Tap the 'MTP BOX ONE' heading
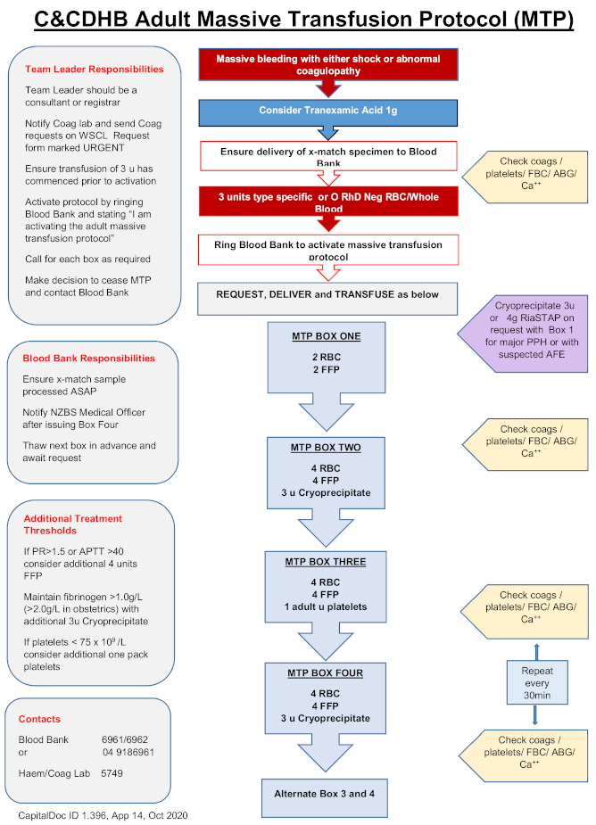point(325,336)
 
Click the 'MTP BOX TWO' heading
point(325,448)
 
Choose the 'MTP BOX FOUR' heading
point(325,673)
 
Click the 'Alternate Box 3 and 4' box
point(325,793)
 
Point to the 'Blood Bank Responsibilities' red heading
point(89,359)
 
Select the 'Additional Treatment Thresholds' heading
point(73,524)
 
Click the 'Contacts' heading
point(39,719)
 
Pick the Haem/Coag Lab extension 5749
point(112,773)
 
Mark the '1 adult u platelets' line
point(325,606)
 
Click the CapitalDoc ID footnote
point(103,815)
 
